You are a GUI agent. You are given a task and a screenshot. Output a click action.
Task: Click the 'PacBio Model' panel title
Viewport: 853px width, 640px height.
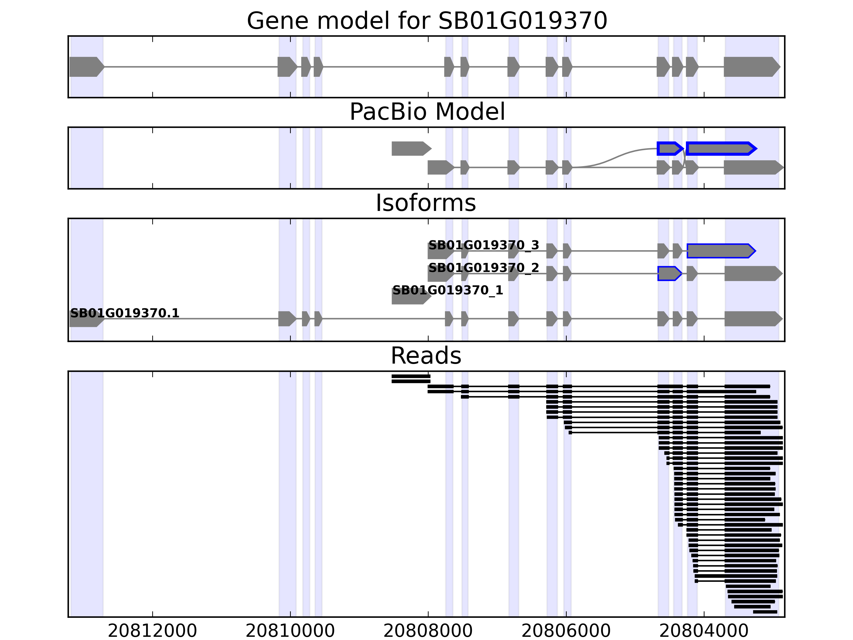(x=427, y=112)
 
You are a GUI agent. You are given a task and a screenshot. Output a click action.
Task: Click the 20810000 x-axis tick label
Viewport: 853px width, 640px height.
(x=290, y=631)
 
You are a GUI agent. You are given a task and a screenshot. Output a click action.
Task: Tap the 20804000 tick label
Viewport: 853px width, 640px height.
(x=704, y=631)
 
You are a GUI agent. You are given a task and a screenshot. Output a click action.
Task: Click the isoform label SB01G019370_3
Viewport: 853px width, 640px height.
(x=484, y=245)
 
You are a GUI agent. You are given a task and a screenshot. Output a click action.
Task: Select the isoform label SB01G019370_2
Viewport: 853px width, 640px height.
(x=484, y=267)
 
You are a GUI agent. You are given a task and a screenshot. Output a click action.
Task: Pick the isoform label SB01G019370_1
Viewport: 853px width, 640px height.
(x=448, y=290)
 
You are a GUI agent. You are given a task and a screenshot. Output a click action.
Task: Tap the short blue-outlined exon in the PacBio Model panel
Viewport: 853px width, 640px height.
(x=669, y=149)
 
